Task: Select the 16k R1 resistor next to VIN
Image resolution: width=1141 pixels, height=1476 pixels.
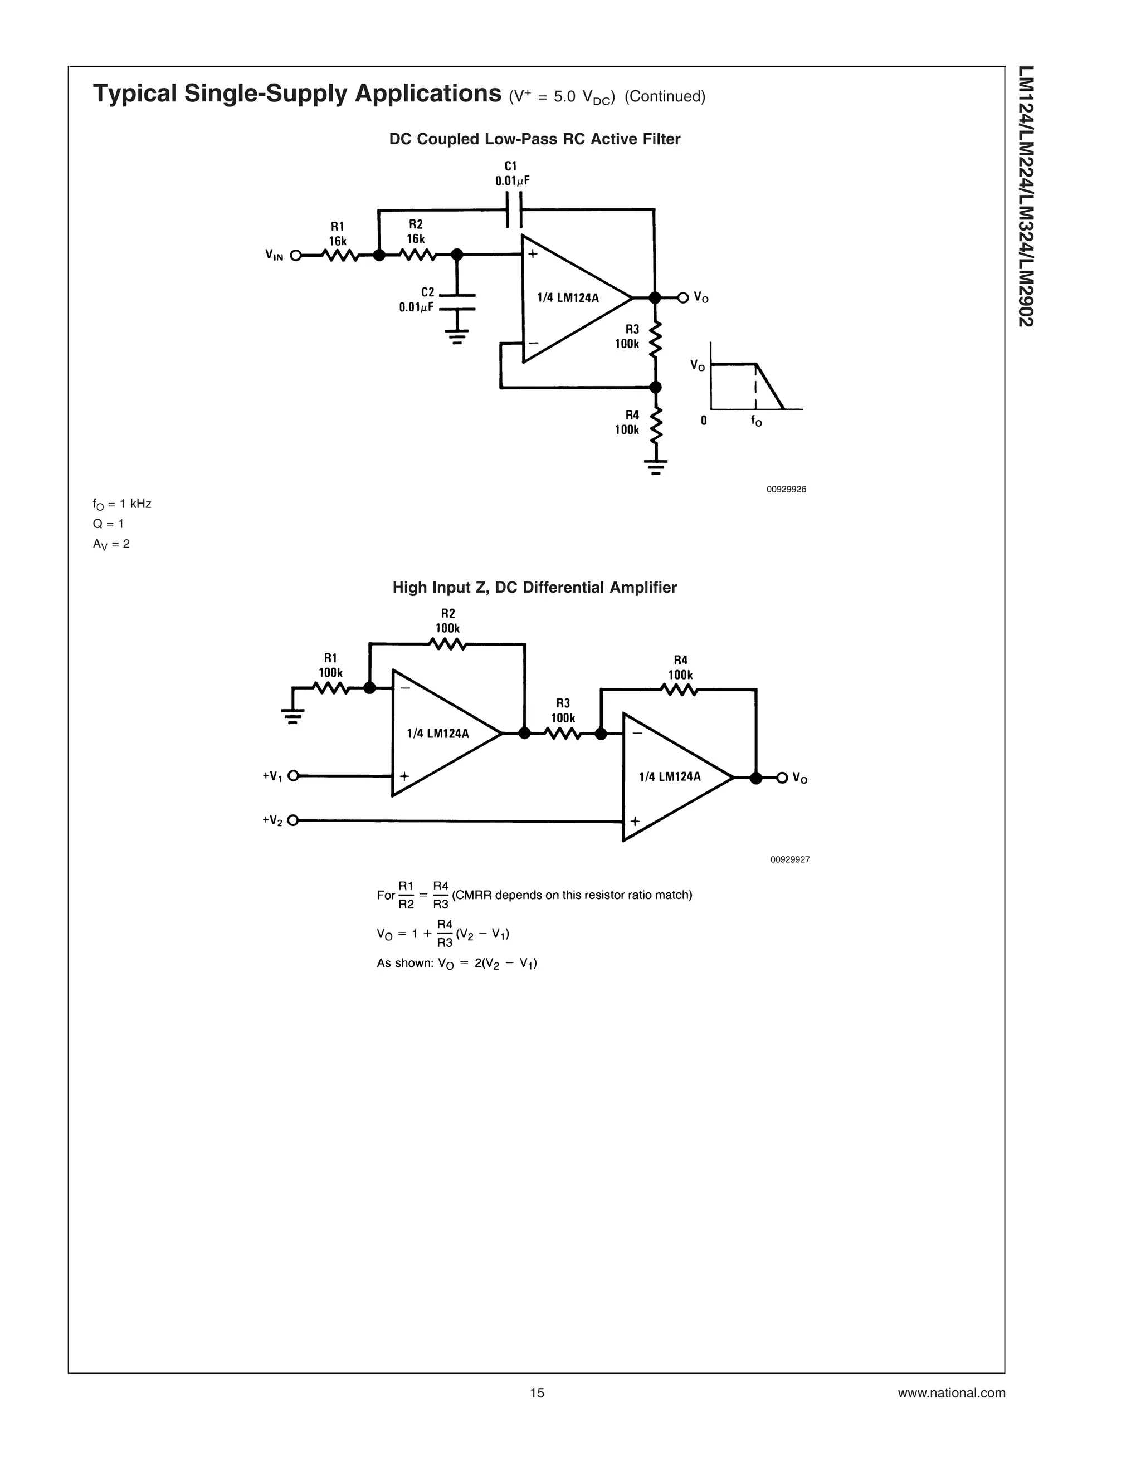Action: click(x=340, y=256)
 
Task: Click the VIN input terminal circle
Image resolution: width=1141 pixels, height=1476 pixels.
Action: click(x=295, y=256)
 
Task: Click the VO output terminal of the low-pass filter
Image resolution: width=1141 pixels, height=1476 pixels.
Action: click(x=682, y=297)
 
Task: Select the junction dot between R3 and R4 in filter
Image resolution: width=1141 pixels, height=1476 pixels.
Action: click(x=654, y=387)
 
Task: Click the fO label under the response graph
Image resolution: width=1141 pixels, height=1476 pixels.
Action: click(x=757, y=421)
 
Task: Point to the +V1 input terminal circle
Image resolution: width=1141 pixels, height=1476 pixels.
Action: click(x=292, y=776)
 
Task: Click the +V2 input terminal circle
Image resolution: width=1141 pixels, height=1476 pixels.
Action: click(x=292, y=820)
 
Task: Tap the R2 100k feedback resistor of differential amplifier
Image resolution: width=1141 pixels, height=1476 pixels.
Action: click(x=447, y=645)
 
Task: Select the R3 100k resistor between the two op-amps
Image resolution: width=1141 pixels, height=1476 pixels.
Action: click(x=562, y=734)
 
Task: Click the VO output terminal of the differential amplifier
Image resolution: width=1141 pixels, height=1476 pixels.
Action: click(x=782, y=778)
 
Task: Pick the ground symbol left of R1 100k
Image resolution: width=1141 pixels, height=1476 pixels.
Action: click(x=292, y=713)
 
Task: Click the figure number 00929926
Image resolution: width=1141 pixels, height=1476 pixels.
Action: click(x=786, y=489)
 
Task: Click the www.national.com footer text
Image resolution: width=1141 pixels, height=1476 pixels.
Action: click(x=951, y=1393)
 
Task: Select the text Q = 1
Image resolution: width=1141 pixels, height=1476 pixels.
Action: click(x=108, y=524)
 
